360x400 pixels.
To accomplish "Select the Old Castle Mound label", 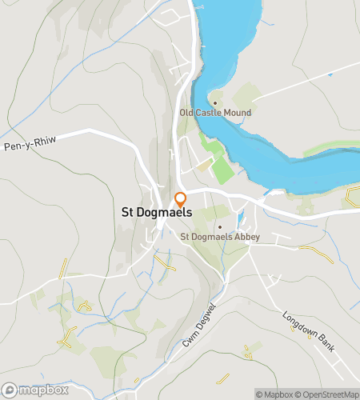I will [x=216, y=114].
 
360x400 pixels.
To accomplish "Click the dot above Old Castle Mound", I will [x=214, y=103].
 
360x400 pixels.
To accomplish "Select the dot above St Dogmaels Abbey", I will [x=219, y=226].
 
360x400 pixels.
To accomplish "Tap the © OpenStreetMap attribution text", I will [x=328, y=394].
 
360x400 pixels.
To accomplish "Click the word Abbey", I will [x=237, y=236].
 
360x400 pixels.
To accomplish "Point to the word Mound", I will [x=238, y=114].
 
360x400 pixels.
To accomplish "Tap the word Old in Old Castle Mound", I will [x=187, y=114].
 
